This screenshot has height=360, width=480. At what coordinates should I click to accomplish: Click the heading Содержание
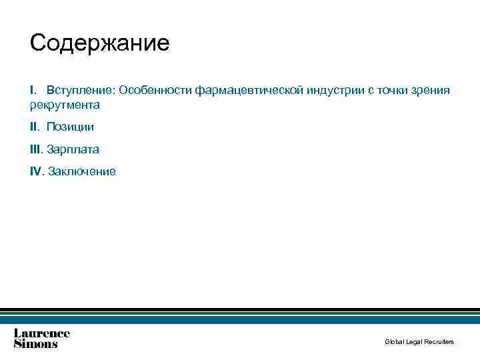tap(100, 44)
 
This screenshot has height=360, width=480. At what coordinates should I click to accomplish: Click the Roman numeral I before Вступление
tap(31, 90)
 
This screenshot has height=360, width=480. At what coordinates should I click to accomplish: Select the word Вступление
tap(81, 90)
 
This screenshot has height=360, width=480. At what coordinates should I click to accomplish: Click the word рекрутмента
tap(65, 105)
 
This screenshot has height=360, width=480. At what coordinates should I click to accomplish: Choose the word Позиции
tap(70, 127)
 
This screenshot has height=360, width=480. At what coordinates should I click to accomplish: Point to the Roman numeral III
tap(35, 149)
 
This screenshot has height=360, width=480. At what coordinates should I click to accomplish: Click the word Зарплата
tap(73, 149)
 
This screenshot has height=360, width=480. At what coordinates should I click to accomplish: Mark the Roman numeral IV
tap(36, 171)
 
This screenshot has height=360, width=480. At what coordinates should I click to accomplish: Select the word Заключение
tap(81, 171)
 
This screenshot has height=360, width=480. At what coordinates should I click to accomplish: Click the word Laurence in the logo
tap(42, 333)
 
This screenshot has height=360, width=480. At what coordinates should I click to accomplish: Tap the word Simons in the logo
tap(36, 344)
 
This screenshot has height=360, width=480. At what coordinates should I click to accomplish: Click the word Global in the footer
tap(393, 342)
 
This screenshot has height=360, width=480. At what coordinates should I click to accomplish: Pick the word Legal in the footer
tap(416, 342)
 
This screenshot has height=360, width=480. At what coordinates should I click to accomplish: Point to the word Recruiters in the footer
tap(441, 342)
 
